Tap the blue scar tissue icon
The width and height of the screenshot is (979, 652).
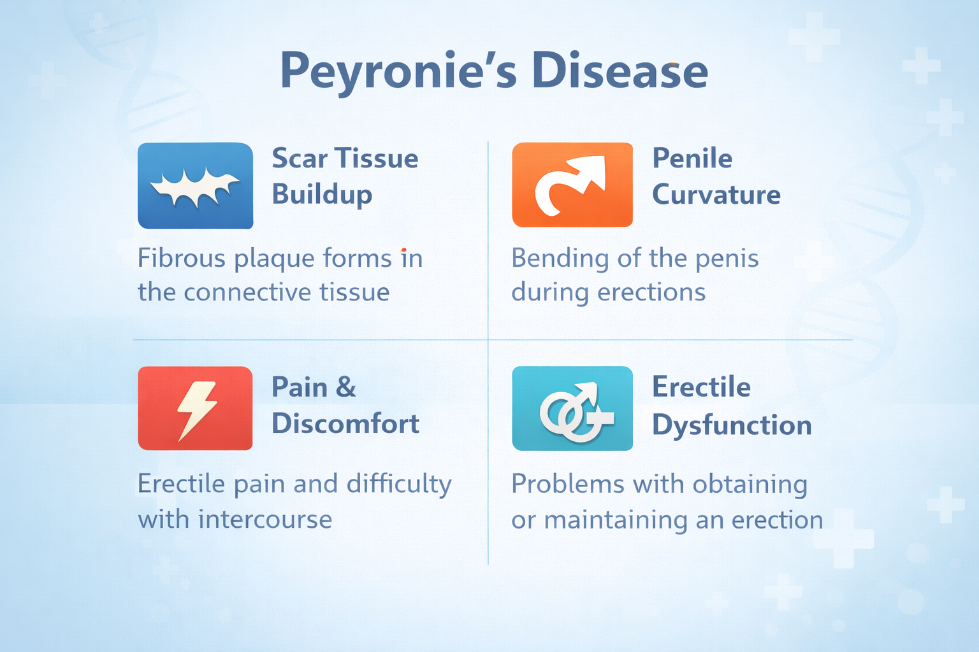195,185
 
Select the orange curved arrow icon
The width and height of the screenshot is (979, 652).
572,185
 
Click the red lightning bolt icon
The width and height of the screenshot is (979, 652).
195,408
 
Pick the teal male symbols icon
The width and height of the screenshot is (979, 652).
572,408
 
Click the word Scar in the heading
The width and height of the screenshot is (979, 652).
300,158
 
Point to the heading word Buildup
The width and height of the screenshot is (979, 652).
322,195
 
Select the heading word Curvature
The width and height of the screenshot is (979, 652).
716,194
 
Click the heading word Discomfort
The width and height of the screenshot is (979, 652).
345,423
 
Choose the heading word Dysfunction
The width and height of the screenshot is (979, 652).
732,425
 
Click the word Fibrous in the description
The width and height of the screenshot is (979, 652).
182,259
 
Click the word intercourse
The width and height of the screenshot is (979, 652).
265,520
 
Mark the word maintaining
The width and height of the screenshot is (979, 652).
616,520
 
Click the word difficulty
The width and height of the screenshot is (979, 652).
399,485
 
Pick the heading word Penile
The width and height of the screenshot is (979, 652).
692,158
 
